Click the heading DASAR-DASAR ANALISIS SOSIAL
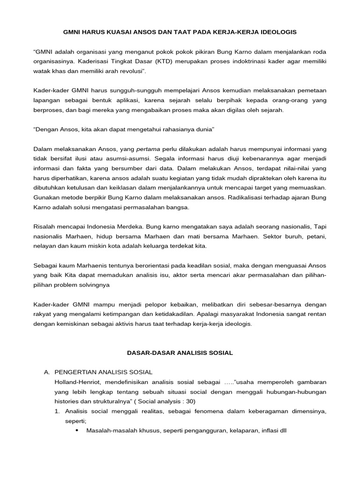(x=180, y=352)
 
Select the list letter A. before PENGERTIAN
(x=46, y=372)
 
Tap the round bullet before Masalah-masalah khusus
(x=76, y=430)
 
